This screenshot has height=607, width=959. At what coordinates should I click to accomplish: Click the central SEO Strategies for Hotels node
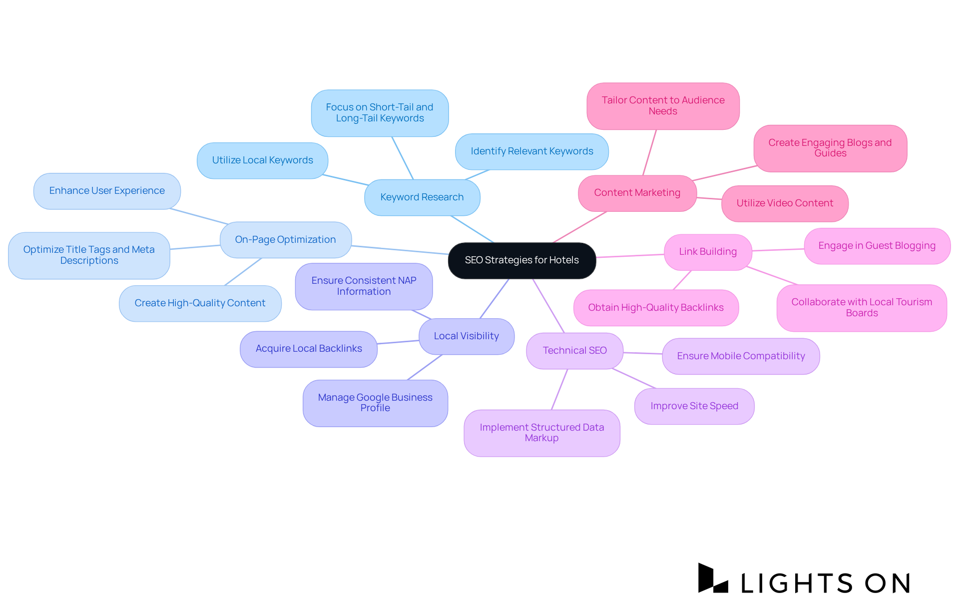522,260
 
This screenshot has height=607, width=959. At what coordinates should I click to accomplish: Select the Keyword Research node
422,197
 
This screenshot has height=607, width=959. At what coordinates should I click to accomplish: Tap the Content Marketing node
637,193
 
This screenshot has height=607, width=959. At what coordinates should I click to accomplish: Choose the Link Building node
708,252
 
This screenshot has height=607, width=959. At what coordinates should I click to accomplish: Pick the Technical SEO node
574,351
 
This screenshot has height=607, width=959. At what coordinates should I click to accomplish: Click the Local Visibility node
466,336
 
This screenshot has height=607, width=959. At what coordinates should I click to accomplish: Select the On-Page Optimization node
285,240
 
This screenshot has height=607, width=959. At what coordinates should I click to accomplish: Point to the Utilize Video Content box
785,203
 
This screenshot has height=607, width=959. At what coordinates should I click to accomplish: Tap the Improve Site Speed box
694,406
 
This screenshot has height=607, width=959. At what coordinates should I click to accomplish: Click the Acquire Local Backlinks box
309,349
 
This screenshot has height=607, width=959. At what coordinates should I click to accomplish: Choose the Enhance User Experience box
107,191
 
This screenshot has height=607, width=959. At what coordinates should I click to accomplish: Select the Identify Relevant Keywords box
532,151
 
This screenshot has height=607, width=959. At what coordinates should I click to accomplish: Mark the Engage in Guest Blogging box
877,246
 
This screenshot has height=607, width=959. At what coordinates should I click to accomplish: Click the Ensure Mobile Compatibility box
741,356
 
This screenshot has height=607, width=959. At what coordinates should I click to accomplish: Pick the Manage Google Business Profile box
375,403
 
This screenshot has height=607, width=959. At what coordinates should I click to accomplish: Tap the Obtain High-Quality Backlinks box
656,308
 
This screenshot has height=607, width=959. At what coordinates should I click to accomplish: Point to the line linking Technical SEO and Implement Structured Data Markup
559,390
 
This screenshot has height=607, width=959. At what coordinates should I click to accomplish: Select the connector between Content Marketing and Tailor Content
649,153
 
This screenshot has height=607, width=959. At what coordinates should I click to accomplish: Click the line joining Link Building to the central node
630,256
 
